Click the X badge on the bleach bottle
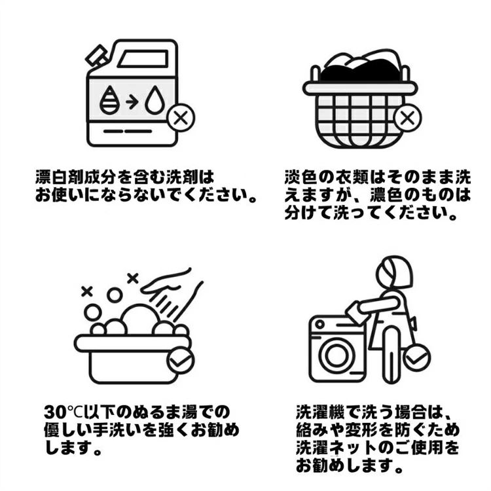181,118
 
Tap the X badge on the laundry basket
407,118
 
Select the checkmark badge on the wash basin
181,360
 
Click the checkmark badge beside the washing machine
416,358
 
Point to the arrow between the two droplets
132,102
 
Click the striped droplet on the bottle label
109,100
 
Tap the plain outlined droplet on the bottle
155,100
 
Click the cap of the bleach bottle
96,56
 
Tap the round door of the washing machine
336,355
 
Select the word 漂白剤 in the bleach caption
59,177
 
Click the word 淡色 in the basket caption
300,177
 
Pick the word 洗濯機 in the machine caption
321,412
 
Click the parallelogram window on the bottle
143,59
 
